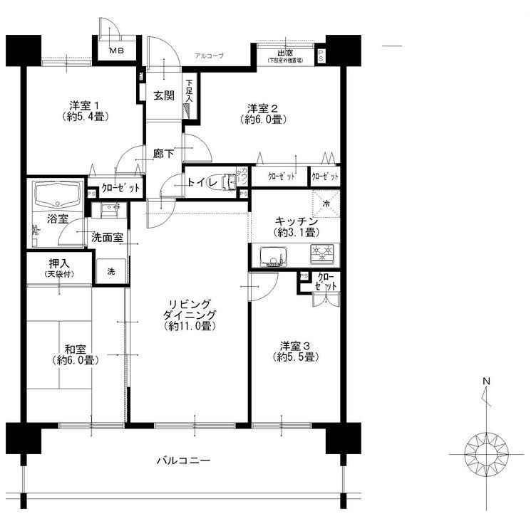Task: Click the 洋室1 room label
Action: pyautogui.click(x=79, y=111)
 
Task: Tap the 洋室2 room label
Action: pyautogui.click(x=263, y=113)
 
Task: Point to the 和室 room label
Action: pyautogui.click(x=78, y=354)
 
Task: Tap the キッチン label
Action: pyautogui.click(x=293, y=227)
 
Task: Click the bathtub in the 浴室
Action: pyautogui.click(x=58, y=194)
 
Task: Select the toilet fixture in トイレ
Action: pyautogui.click(x=229, y=183)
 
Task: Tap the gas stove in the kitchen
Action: pyautogui.click(x=322, y=253)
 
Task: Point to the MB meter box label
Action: pyautogui.click(x=115, y=51)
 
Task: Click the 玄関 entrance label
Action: pyautogui.click(x=164, y=96)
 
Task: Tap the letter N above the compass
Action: pyautogui.click(x=486, y=382)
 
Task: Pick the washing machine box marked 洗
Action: pyautogui.click(x=111, y=270)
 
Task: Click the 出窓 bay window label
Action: pyautogui.click(x=285, y=54)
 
